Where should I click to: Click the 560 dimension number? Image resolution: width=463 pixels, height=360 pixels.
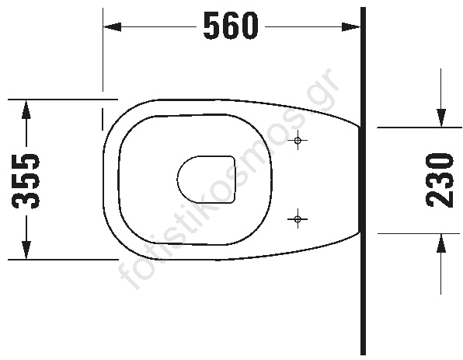coord(230,26)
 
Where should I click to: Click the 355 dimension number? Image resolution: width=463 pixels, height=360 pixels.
coord(26,180)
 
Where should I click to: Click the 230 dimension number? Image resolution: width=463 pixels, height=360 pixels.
coord(440,180)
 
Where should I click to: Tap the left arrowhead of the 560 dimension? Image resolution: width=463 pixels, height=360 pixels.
coord(112,26)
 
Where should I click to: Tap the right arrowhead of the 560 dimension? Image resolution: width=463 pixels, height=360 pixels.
coord(351,26)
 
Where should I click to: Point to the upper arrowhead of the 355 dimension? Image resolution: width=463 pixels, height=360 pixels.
coord(26,110)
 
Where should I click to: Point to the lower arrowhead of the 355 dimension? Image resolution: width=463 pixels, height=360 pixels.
coord(26,250)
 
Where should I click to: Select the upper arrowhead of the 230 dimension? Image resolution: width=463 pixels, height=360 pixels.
coord(441,118)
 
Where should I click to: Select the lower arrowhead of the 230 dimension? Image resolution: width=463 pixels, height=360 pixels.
coord(441,243)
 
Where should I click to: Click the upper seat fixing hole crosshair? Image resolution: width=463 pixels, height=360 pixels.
coord(298,140)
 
